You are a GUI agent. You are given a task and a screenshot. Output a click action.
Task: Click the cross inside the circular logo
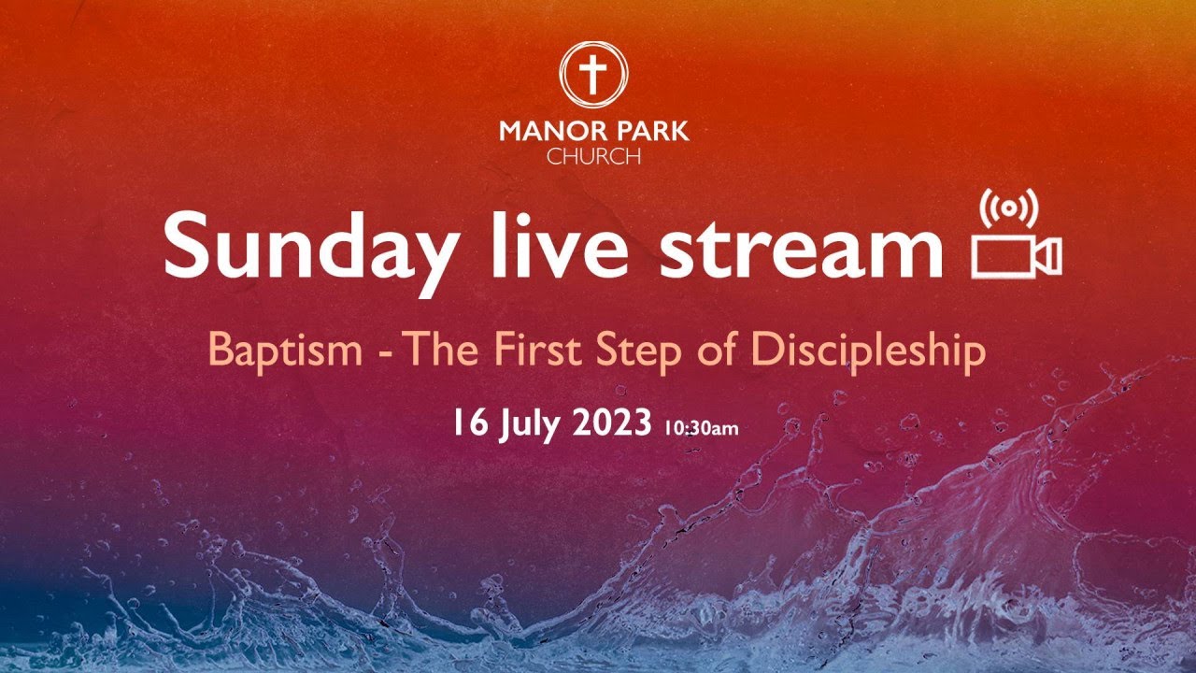[x=593, y=74]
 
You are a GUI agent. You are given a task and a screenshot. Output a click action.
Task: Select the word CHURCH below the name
[x=593, y=156]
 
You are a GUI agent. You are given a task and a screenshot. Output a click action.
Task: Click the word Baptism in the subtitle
[x=285, y=351]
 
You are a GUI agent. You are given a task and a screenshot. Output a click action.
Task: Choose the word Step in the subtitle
[x=645, y=351]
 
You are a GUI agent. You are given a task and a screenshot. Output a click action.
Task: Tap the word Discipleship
[x=869, y=351]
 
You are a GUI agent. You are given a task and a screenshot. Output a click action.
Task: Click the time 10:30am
[x=701, y=429]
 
